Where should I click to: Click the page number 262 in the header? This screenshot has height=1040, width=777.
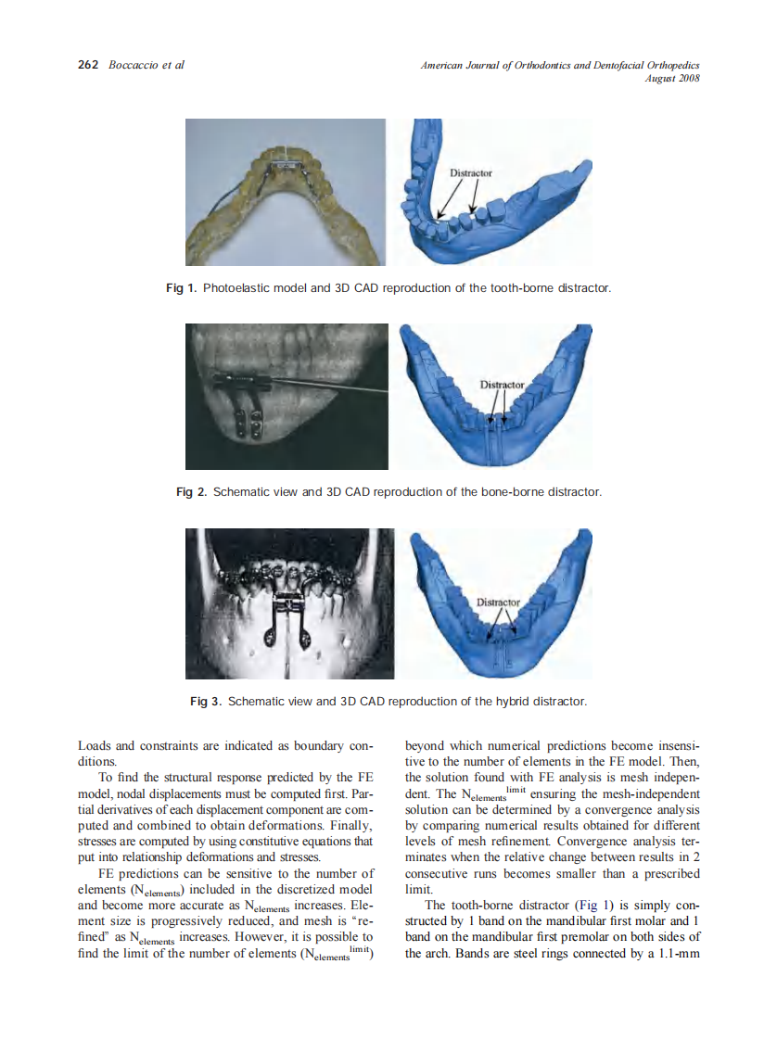pyautogui.click(x=87, y=66)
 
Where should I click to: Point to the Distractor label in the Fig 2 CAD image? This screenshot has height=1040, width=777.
pyautogui.click(x=502, y=384)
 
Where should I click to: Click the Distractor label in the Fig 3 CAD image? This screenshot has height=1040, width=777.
pyautogui.click(x=498, y=602)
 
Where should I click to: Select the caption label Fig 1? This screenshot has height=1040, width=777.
pyautogui.click(x=181, y=288)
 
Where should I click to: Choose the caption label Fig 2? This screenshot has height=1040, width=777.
pyautogui.click(x=191, y=491)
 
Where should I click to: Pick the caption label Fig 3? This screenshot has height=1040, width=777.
pyautogui.click(x=206, y=701)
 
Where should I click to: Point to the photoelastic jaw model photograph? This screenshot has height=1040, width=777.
pyautogui.click(x=286, y=191)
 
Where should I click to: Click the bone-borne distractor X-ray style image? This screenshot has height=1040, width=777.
pyautogui.click(x=287, y=396)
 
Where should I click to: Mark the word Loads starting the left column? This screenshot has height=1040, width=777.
pyautogui.click(x=94, y=745)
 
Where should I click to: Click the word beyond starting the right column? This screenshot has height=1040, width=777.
pyautogui.click(x=426, y=745)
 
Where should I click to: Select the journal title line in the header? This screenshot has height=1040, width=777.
pyautogui.click(x=559, y=66)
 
